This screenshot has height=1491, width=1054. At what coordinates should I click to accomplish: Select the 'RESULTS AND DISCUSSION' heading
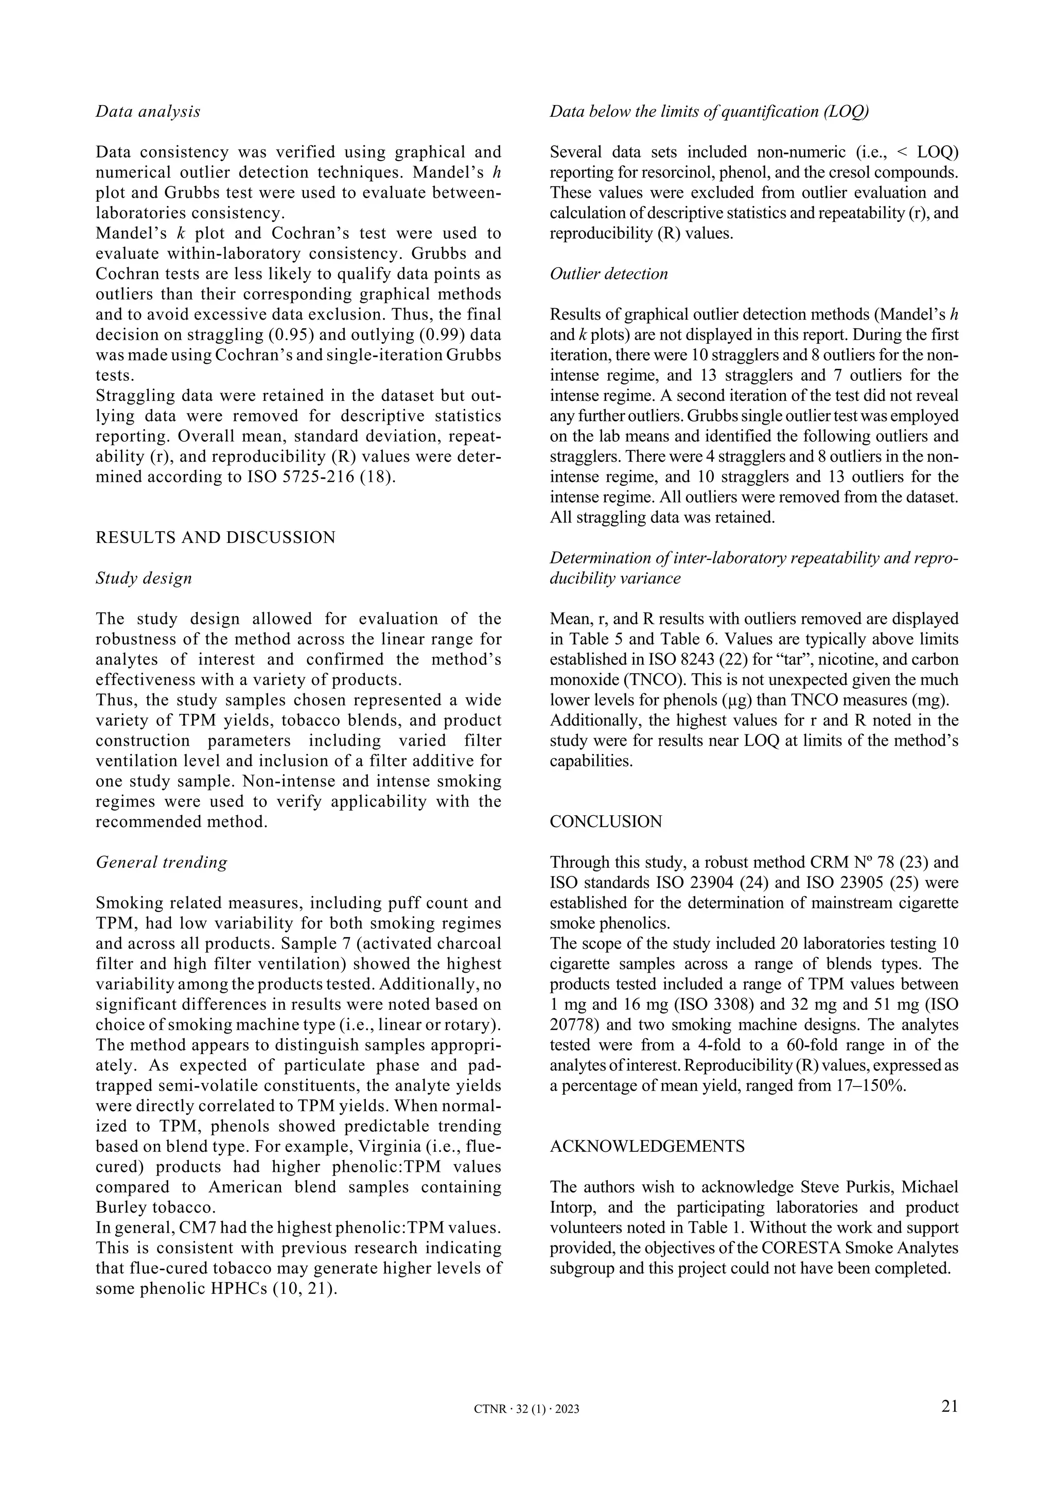(215, 538)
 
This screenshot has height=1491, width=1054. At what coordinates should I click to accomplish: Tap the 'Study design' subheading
(144, 578)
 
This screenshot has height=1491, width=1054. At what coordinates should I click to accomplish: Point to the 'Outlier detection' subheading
(608, 274)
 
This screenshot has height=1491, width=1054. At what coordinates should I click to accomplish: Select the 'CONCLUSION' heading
(606, 821)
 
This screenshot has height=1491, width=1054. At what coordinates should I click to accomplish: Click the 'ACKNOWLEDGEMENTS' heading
(647, 1146)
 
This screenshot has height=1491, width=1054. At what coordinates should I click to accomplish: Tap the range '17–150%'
(868, 1086)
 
